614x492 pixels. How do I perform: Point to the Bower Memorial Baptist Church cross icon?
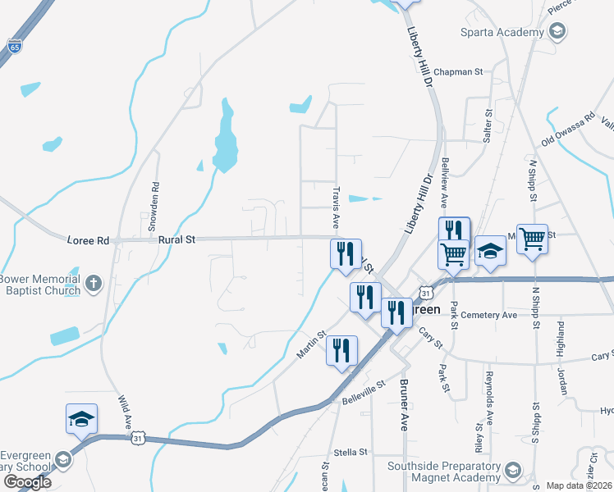[94, 284]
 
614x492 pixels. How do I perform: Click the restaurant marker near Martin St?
[341, 350]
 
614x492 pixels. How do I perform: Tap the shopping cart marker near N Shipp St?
[532, 239]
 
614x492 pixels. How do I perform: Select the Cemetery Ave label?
[489, 315]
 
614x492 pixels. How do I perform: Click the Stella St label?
[350, 452]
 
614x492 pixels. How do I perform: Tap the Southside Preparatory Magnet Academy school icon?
[513, 470]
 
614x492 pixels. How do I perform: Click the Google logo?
[27, 481]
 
